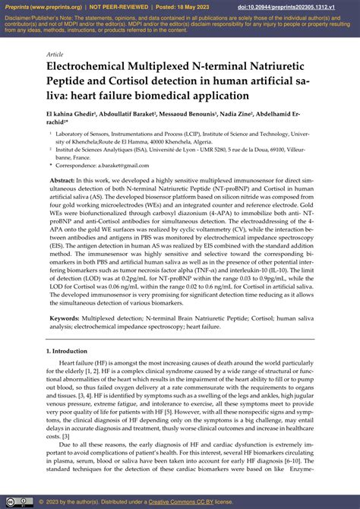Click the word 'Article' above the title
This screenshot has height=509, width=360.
[55, 55]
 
